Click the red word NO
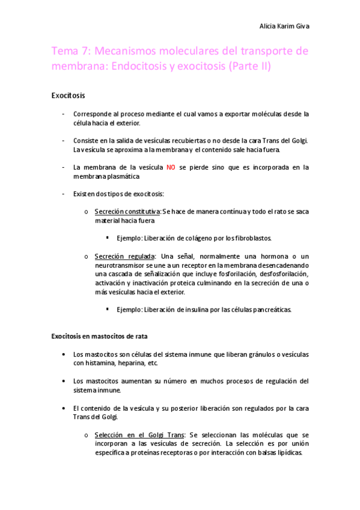click(x=171, y=167)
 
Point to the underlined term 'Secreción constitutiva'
click(x=127, y=212)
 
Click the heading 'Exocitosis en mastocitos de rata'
click(x=99, y=336)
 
